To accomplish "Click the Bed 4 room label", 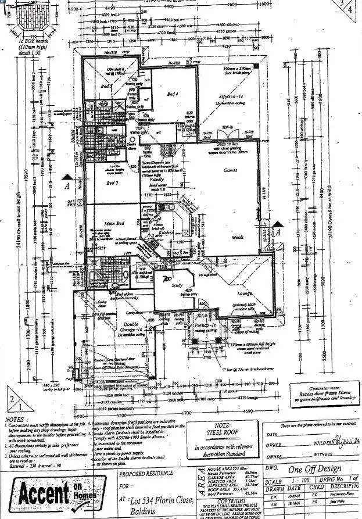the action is click(173, 94).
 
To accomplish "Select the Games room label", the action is click(231, 171).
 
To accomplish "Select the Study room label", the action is click(176, 285).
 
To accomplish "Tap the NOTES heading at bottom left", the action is click(14, 418).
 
